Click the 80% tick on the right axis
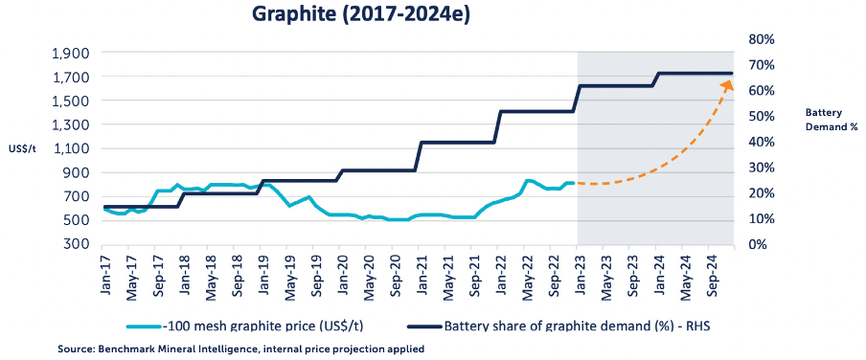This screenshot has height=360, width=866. click(x=761, y=40)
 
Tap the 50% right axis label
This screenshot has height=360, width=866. click(x=761, y=117)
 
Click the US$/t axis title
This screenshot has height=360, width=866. click(x=22, y=149)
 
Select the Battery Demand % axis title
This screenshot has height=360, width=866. click(x=832, y=120)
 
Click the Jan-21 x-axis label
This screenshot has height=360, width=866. click(x=420, y=276)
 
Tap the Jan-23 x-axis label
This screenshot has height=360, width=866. click(x=577, y=276)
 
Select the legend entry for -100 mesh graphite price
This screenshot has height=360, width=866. click(x=244, y=326)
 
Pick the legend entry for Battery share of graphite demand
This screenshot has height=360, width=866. click(x=558, y=326)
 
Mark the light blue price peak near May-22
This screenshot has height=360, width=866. click(x=528, y=181)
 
